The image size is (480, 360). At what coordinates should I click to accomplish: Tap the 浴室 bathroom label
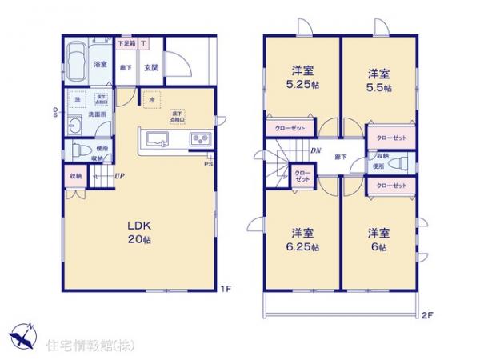(100, 63)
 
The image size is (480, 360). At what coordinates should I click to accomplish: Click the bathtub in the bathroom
(77, 61)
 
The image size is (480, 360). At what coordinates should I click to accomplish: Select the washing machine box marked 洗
(77, 100)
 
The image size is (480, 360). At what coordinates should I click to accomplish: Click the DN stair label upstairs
(316, 150)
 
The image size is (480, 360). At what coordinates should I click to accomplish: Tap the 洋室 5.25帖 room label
(301, 76)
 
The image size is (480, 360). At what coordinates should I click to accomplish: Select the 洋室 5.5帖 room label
(378, 79)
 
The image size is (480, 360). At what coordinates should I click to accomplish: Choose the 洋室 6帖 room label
(378, 240)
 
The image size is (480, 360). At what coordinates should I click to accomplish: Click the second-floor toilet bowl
(404, 163)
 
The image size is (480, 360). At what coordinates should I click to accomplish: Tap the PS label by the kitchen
(208, 164)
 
